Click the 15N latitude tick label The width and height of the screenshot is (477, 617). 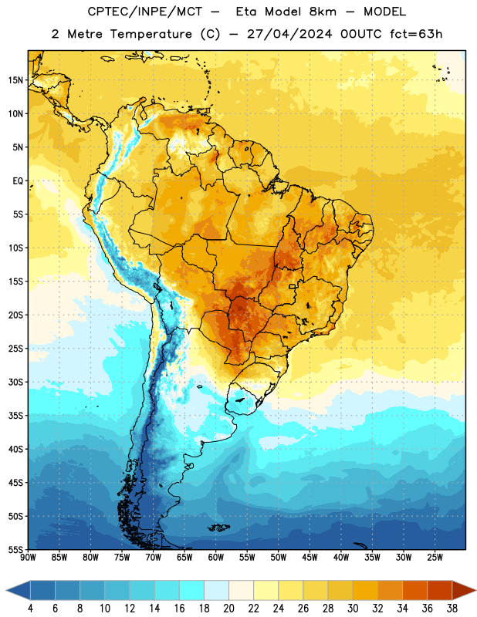(x=15, y=80)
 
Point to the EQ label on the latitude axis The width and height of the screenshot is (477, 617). (x=18, y=181)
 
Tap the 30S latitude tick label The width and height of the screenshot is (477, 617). (x=15, y=382)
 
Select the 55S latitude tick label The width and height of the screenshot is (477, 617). (x=15, y=550)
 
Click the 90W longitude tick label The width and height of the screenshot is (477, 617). (x=28, y=557)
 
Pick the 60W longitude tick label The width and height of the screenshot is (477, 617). (x=216, y=557)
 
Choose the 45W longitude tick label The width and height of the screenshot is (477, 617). (x=310, y=557)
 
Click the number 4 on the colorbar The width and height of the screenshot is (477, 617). (x=30, y=609)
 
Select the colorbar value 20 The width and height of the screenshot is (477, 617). (x=228, y=609)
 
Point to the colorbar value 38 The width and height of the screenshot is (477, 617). (x=452, y=609)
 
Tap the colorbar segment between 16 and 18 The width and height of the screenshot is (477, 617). (x=191, y=590)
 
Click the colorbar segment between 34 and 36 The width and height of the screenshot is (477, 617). (x=414, y=590)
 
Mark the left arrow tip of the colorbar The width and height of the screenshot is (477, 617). (x=6, y=590)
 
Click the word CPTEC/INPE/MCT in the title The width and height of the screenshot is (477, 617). (x=144, y=12)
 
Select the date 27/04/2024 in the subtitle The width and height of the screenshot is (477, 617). (x=289, y=34)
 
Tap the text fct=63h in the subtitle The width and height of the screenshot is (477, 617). (x=416, y=34)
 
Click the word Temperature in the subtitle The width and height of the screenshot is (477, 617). (x=151, y=34)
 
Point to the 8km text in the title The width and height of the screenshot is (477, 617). (x=323, y=12)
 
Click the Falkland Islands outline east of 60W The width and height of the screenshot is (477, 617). (x=219, y=528)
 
